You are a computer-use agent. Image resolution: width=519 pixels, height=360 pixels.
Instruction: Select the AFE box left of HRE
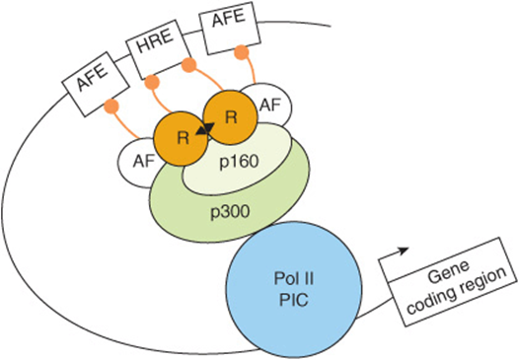(x=96, y=84)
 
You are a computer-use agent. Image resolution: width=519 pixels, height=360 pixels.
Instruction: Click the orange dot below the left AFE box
(x=111, y=107)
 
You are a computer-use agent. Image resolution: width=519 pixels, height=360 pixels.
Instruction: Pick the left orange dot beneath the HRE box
(x=152, y=82)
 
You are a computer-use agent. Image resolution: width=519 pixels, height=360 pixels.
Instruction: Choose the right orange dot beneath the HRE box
(x=189, y=64)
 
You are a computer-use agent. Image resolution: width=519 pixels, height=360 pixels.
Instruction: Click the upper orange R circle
(x=230, y=117)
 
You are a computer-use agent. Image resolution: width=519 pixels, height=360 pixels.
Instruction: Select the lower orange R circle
(x=182, y=138)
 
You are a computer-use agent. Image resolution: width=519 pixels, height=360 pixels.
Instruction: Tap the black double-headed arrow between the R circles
(x=205, y=128)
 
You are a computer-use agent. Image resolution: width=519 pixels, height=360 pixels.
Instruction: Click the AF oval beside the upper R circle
(x=269, y=106)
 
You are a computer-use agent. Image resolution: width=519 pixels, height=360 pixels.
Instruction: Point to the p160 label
(x=239, y=162)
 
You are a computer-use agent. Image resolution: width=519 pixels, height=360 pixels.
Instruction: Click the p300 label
(x=230, y=212)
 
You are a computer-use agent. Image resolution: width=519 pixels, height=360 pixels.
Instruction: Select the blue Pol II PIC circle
(x=294, y=290)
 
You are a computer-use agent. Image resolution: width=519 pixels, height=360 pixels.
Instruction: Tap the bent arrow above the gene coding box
(x=394, y=253)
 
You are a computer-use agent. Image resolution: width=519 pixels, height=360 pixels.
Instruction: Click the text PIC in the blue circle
(x=294, y=301)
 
